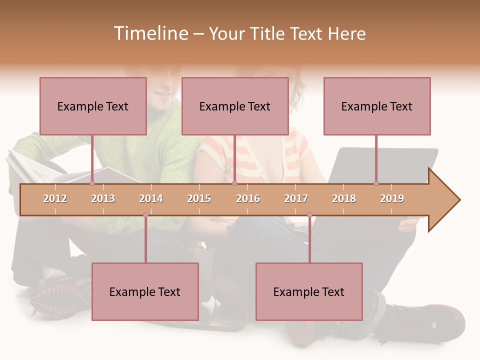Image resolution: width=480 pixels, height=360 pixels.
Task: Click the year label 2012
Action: pos(55,198)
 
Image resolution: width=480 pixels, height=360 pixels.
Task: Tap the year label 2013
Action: pos(103,198)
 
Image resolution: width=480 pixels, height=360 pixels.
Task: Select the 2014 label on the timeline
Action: pos(151,198)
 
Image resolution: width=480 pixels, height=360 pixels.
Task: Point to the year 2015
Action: pos(199,198)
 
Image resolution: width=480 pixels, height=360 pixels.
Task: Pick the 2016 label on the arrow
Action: pos(248,198)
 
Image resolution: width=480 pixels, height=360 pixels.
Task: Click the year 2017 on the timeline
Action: pos(296,198)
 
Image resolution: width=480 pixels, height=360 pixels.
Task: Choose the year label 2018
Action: pos(344,198)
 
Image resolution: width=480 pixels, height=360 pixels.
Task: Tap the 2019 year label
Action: pos(392,198)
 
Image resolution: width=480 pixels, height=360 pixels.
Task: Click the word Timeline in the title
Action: pos(149,33)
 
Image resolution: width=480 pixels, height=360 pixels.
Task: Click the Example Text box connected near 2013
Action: pos(93,106)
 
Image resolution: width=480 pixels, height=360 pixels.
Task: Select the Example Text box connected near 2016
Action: pos(235,106)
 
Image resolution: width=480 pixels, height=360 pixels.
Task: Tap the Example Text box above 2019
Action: pos(377,106)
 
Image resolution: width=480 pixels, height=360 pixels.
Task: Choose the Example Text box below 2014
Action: pos(145,291)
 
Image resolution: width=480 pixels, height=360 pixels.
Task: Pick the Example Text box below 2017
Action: pos(309,291)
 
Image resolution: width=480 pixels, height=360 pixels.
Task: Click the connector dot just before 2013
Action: pos(92,183)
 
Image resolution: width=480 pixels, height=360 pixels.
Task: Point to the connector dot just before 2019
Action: pos(376,183)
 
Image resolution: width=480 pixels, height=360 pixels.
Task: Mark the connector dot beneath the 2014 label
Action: pos(145,215)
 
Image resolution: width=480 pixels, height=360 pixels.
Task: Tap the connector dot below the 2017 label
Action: pos(309,215)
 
